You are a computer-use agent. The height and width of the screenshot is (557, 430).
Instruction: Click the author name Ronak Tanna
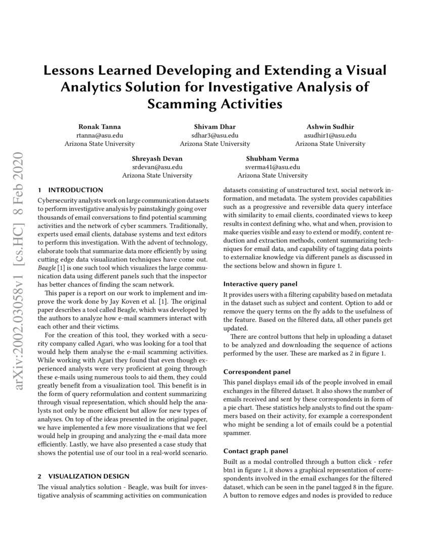(x=99, y=126)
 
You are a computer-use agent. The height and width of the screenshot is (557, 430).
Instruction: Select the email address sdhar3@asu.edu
(x=215, y=135)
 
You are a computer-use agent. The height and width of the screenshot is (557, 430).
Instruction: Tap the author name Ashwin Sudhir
(x=330, y=126)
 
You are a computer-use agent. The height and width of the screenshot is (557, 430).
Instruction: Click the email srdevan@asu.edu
(x=157, y=167)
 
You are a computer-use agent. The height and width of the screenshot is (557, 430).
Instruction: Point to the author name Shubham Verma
(x=272, y=158)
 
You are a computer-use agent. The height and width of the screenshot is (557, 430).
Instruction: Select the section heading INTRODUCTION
(x=75, y=190)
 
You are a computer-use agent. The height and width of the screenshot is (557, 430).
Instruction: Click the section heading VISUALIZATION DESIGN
(x=89, y=476)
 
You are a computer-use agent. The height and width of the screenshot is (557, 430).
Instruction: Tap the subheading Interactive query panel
(x=260, y=284)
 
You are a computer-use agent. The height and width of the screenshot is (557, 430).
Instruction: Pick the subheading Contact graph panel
(x=255, y=451)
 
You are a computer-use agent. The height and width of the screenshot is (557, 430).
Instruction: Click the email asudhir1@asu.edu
(x=330, y=135)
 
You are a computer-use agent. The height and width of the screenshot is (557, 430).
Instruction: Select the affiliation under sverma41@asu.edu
(x=272, y=176)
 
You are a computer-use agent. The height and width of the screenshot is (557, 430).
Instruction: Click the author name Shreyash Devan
(x=157, y=158)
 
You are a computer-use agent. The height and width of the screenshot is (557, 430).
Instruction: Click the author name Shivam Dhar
(x=215, y=126)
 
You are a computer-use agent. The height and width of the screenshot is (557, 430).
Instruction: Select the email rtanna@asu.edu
(x=99, y=135)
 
